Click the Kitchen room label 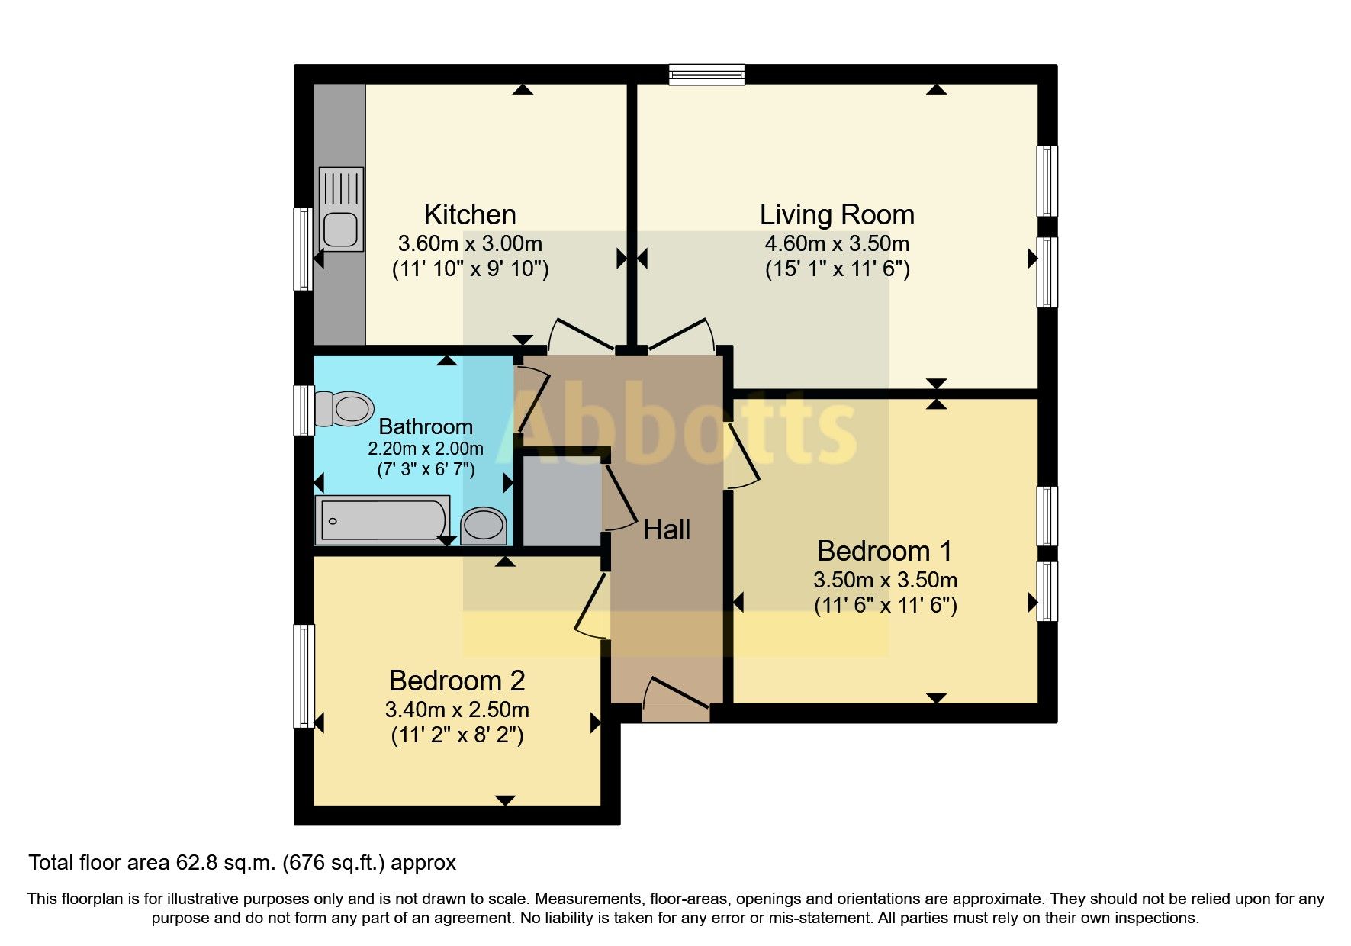[x=470, y=214]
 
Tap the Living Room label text [x=837, y=214]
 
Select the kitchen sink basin [x=340, y=229]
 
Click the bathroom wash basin [x=484, y=525]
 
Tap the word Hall [x=667, y=529]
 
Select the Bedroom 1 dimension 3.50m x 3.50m [x=885, y=580]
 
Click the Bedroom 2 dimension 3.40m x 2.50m [x=457, y=709]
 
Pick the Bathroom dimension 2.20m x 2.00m [x=426, y=449]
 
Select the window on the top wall [x=706, y=74]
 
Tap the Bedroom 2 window [x=304, y=676]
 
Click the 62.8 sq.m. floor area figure [x=227, y=863]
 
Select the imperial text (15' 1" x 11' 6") [x=837, y=269]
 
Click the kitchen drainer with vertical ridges [x=340, y=188]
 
